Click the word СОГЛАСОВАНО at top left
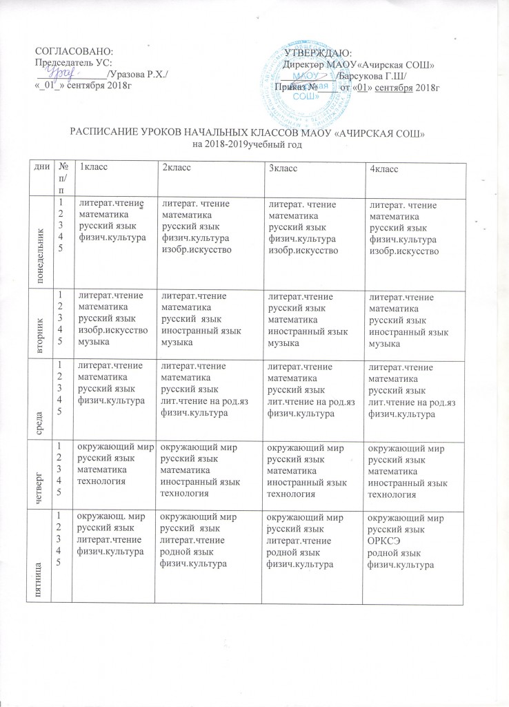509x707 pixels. (x=73, y=52)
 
